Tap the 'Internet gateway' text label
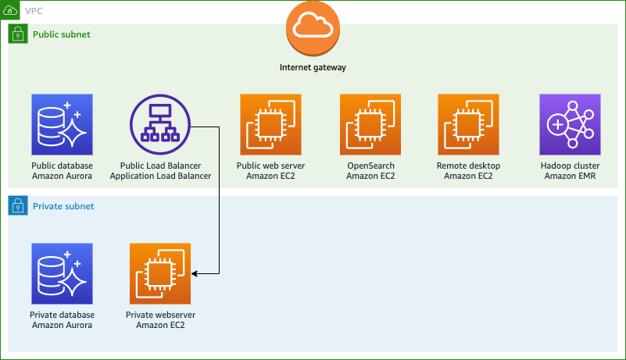[x=313, y=67]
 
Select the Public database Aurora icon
[x=62, y=124]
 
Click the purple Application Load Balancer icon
[x=160, y=124]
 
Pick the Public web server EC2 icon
[x=270, y=124]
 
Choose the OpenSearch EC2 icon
[x=370, y=124]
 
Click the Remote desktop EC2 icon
[x=468, y=124]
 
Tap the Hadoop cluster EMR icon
[x=571, y=124]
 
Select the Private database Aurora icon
[x=62, y=273]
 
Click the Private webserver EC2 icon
[x=160, y=273]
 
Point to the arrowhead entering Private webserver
[x=195, y=273]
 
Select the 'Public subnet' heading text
[x=61, y=34]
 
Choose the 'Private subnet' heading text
[x=63, y=206]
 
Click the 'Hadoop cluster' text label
[x=571, y=166]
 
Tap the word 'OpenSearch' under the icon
[x=370, y=166]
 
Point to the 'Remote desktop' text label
[x=468, y=166]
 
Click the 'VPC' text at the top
[x=34, y=10]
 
